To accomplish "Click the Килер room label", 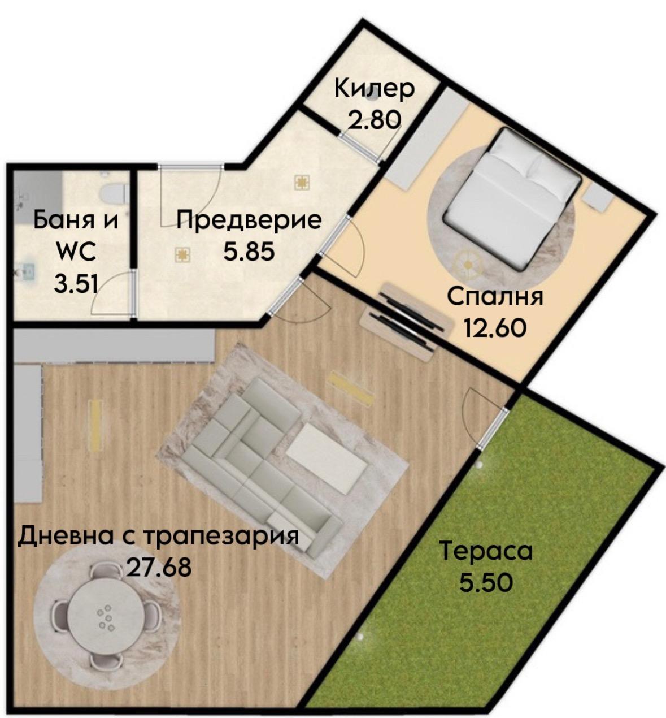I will coord(375,89).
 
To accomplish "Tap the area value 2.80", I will coord(374,120).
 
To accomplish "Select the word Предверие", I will coord(249,220).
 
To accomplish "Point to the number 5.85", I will coord(249,251).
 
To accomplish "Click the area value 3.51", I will coord(76,283).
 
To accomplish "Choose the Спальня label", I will coord(495,297).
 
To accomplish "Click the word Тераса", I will coord(486,551).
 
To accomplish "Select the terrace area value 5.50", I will coord(486,582).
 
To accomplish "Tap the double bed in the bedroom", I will coord(512,198).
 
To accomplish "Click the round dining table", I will coord(105,613).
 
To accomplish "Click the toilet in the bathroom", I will coord(113,192).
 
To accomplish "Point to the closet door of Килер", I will coord(362,146).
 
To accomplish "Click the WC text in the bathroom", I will coord(76,252).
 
